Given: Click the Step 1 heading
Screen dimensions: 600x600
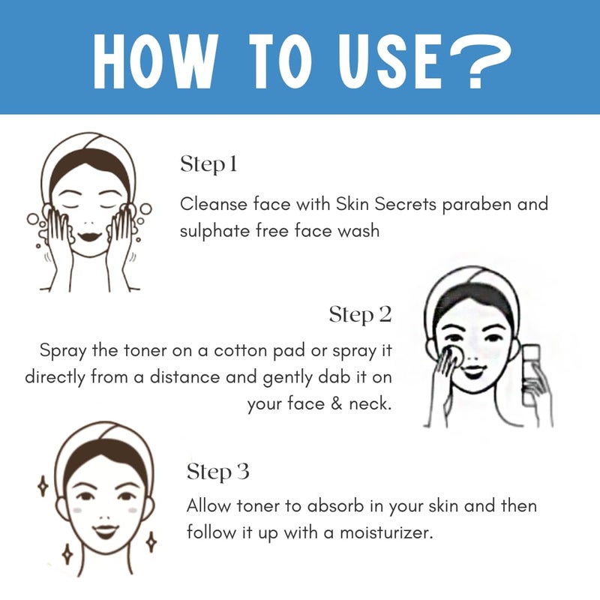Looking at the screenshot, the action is (209, 164).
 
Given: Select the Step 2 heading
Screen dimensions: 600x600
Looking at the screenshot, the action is (361, 314).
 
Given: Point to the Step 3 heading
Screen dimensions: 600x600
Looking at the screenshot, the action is (218, 472).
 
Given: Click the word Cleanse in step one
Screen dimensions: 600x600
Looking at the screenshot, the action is (214, 204).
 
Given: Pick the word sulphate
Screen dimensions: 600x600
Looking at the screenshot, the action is (214, 231).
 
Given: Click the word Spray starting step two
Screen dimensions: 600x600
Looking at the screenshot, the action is (63, 351).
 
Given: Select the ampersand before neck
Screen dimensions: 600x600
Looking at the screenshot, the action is (336, 403).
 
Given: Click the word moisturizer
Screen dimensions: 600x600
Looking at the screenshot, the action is (386, 532).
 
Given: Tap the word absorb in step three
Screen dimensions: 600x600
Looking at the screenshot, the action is (335, 505).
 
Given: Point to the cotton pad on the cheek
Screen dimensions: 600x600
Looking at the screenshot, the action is (455, 354).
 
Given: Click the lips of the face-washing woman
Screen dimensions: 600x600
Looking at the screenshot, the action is (90, 235).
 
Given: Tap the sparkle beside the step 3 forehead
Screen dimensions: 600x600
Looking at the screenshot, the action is (43, 486).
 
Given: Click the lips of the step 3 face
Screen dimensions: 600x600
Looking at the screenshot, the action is (106, 530).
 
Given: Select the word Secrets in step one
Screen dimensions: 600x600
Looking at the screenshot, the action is (405, 204).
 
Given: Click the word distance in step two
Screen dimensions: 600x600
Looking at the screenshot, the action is (184, 377).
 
